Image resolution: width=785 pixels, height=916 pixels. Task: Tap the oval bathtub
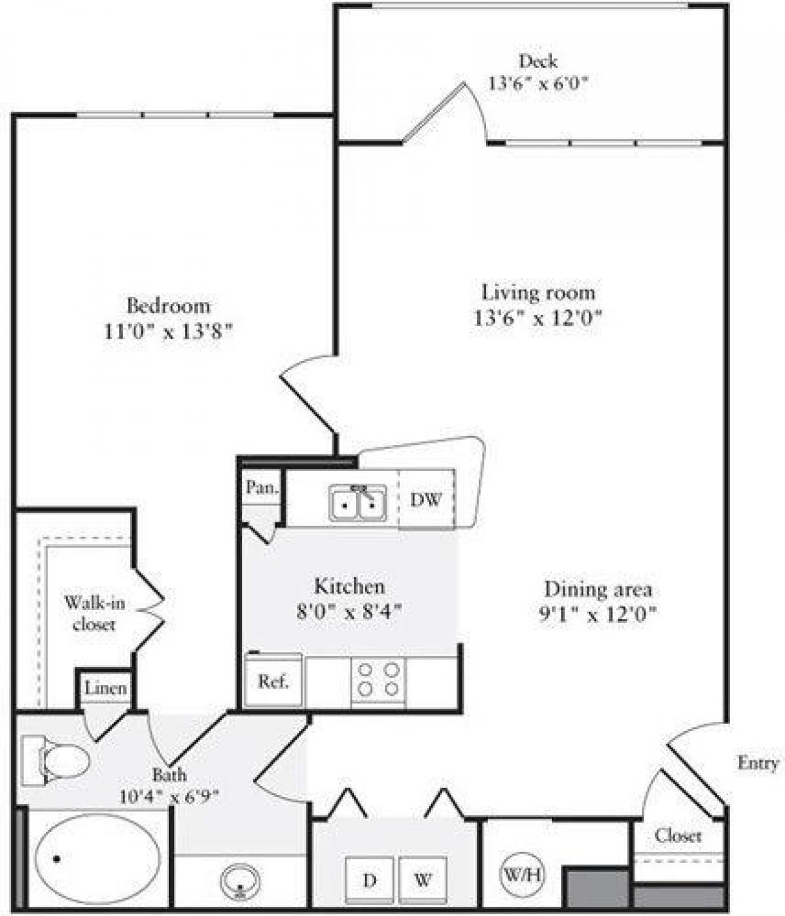coord(97,858)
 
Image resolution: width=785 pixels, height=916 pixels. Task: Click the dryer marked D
coord(370,880)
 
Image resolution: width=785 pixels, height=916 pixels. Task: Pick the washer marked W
coord(423,880)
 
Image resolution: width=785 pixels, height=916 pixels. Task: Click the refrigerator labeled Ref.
coord(273,681)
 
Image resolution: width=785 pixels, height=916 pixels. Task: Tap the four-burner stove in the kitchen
coord(378,681)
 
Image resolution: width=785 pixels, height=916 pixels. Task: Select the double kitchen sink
coord(357,503)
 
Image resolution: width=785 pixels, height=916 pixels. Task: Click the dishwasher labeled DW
coord(426,500)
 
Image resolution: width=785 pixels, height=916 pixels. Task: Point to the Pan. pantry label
coord(262,487)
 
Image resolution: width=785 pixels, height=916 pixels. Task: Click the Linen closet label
coord(106,688)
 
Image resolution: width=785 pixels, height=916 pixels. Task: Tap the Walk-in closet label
coord(94,613)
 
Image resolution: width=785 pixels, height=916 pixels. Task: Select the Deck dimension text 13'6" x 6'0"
coord(536,83)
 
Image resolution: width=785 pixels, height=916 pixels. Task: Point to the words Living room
coord(538,292)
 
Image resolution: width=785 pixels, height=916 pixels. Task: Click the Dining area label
coord(598,589)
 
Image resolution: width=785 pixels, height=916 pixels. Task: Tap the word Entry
coord(758,762)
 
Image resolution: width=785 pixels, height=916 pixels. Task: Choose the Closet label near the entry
coord(677,835)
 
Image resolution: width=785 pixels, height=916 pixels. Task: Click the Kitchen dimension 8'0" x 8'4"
coord(349,612)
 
